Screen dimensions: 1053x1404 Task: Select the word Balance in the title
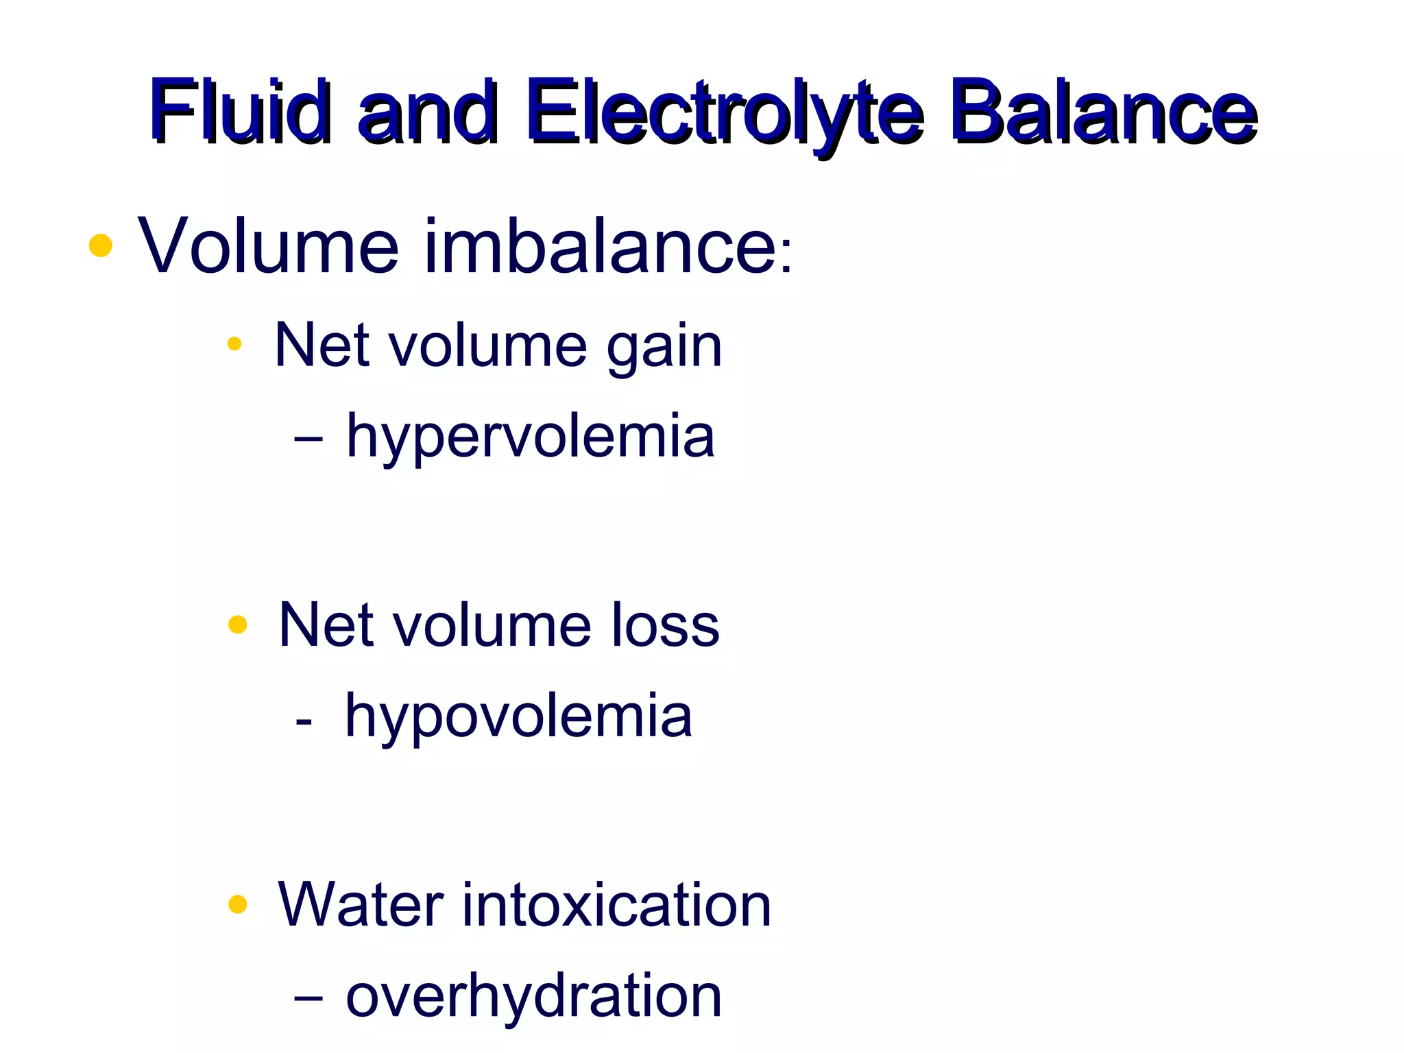(1104, 111)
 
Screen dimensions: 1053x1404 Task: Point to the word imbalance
(600, 245)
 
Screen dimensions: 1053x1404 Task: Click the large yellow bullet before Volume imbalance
(101, 245)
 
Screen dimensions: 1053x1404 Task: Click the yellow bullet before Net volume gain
(235, 343)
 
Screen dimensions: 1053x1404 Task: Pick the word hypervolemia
(531, 437)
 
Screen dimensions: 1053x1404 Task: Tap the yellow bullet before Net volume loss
(237, 625)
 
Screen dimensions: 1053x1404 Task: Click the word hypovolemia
(518, 717)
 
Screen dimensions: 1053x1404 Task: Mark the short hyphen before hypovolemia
(304, 722)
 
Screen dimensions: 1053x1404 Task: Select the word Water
(361, 905)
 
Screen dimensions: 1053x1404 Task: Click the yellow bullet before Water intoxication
(237, 904)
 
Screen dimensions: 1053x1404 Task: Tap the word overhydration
(533, 996)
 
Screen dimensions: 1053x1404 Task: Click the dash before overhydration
(308, 998)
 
